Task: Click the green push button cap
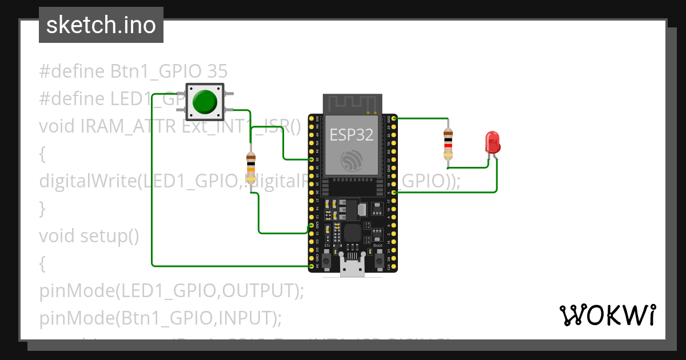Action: point(205,102)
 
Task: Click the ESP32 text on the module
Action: point(351,135)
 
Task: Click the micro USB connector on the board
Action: point(352,266)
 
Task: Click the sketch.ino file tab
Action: point(101,25)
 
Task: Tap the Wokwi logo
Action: point(607,315)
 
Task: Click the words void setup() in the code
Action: point(89,236)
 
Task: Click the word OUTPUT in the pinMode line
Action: point(260,291)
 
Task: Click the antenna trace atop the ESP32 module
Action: point(351,104)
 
